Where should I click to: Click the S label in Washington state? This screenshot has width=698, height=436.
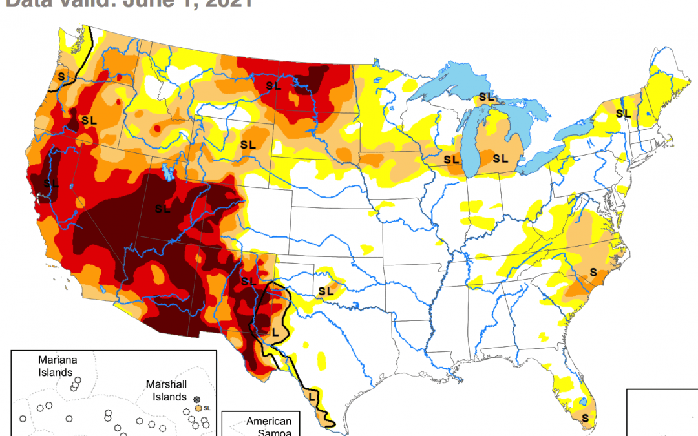point(61,76)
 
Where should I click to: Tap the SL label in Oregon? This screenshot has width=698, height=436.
point(89,119)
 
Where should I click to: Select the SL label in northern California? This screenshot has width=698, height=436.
point(51,183)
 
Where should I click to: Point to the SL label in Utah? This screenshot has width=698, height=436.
point(163,209)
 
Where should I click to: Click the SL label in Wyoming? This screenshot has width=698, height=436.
point(248,144)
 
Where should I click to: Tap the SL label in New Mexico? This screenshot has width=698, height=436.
point(248,281)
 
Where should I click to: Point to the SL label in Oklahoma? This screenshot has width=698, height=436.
point(325,291)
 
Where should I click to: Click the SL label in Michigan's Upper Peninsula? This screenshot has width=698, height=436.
point(486,97)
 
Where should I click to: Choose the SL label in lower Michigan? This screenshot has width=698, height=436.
point(500,158)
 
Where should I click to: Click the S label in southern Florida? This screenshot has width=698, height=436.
point(586,418)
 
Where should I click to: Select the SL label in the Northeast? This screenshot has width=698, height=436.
point(623,113)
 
